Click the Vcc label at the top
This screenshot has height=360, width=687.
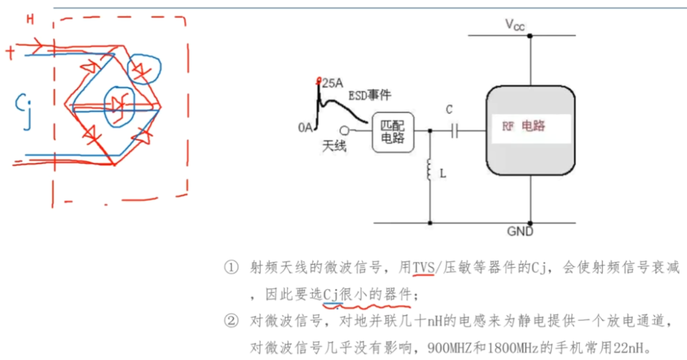[514, 25]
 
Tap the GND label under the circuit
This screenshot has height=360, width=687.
[520, 232]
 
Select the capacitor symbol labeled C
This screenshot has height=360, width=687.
[455, 131]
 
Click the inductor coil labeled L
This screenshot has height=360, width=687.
[430, 171]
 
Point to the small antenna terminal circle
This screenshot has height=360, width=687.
[344, 130]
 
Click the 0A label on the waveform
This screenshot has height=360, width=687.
[305, 127]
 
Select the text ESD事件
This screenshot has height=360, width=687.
[370, 95]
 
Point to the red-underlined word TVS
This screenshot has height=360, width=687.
[424, 267]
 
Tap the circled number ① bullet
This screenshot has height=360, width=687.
[231, 268]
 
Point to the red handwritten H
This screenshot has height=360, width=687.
[30, 20]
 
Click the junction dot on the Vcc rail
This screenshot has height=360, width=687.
[530, 36]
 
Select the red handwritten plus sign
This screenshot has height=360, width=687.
[10, 52]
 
